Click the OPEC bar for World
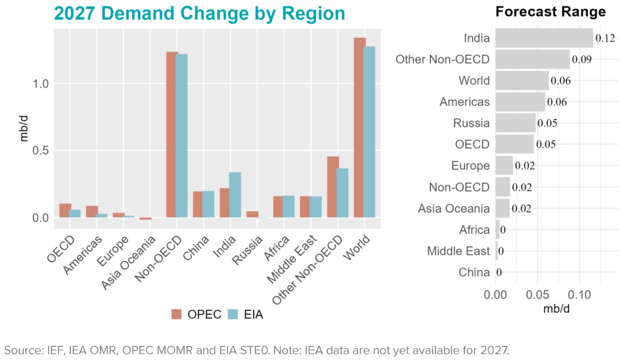[x=360, y=127]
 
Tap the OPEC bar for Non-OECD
[x=172, y=134]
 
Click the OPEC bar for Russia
[x=252, y=214]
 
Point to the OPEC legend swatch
[x=177, y=314]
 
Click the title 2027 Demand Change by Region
[x=199, y=14]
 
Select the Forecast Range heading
[x=550, y=12]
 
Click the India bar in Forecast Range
[x=544, y=38]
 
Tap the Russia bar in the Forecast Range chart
[x=515, y=123]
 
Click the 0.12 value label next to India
[x=605, y=38]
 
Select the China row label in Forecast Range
[x=474, y=273]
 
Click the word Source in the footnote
[x=19, y=350]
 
